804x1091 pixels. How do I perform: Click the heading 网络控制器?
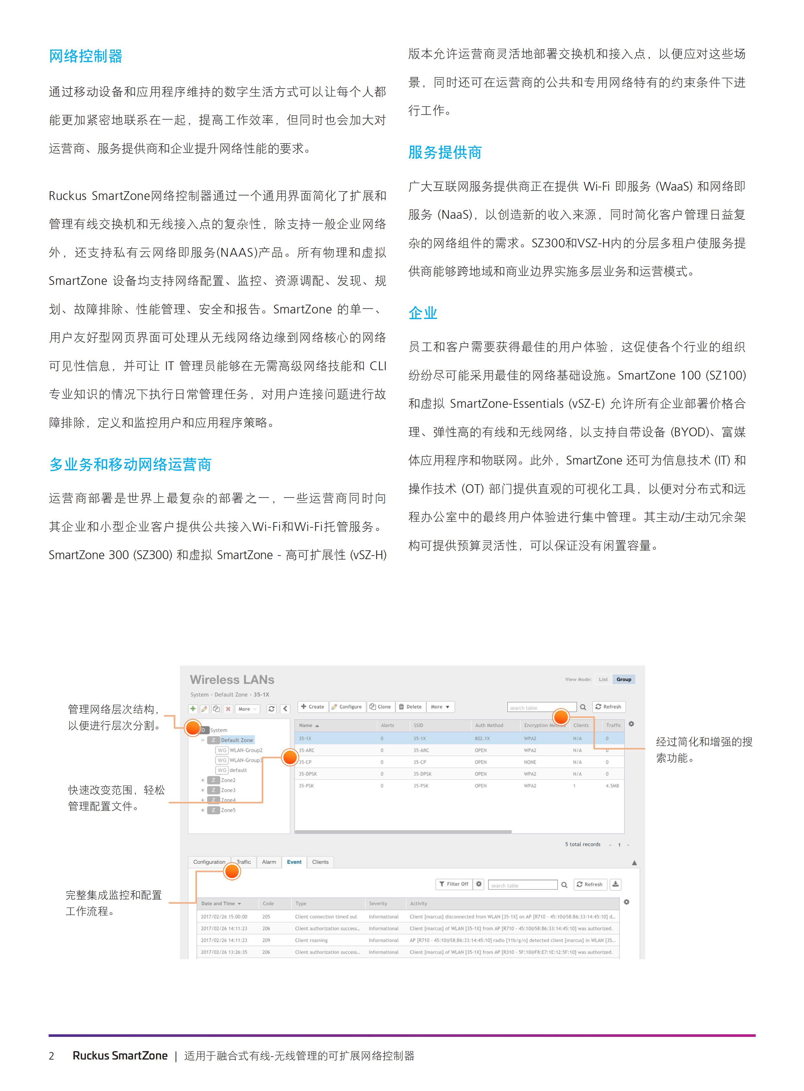[x=86, y=56]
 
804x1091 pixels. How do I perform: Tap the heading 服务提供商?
[x=445, y=152]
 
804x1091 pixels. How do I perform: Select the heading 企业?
[x=423, y=313]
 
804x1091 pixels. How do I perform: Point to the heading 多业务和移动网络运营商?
[x=130, y=465]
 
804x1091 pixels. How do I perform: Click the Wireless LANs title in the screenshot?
[x=232, y=680]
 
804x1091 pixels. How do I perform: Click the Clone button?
[x=380, y=707]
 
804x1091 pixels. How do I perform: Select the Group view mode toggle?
[x=623, y=679]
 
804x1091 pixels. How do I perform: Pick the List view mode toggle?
[x=603, y=679]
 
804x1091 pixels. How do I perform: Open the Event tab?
[x=294, y=862]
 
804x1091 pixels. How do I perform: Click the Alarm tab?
[x=269, y=862]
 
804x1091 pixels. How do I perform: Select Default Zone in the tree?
[x=237, y=740]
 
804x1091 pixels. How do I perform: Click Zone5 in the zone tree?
[x=228, y=810]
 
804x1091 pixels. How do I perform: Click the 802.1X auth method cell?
[x=482, y=739]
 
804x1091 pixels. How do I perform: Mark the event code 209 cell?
[x=266, y=940]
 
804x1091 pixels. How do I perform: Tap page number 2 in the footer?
[x=52, y=1055]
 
